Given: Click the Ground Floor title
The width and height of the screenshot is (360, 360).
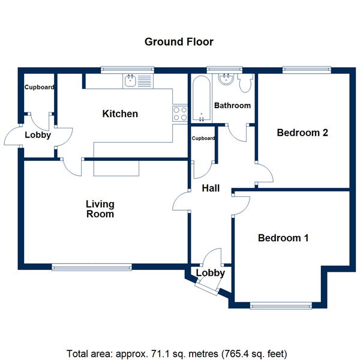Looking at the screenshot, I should [179, 42].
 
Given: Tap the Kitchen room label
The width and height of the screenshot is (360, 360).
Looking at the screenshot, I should [120, 114].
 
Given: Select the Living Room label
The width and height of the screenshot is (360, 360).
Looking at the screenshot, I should [100, 209].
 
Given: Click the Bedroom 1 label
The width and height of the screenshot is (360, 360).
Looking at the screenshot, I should [283, 238].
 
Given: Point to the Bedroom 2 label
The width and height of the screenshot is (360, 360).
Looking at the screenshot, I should [302, 133].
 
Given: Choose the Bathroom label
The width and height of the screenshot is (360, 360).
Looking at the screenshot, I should [232, 106].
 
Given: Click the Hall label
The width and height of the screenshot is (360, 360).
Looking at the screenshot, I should [211, 188].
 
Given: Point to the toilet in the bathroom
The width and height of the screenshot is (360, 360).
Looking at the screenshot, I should [245, 84].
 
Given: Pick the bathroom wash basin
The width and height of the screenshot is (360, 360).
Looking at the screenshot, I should [227, 79].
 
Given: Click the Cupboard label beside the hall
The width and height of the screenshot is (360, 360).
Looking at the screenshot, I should [203, 139].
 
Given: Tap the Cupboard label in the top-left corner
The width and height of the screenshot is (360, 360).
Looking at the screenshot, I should [39, 88].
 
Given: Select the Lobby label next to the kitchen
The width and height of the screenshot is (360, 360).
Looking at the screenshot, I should [38, 135].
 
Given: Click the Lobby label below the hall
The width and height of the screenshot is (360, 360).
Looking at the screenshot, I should [211, 273].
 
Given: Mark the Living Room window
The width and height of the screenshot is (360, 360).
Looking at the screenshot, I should [91, 266].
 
